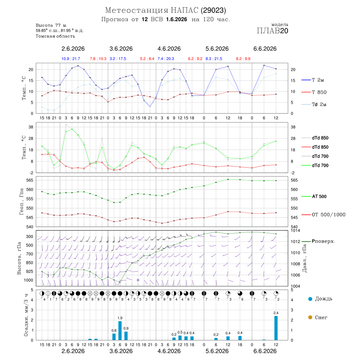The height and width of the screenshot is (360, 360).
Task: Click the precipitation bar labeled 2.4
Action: click(x=276, y=328)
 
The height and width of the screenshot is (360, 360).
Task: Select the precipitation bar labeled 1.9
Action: click(x=120, y=331)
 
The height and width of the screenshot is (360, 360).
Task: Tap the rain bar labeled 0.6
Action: click(x=114, y=337)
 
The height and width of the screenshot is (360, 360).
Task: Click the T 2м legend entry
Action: click(x=313, y=80)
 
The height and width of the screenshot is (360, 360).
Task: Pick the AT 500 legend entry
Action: click(x=314, y=196)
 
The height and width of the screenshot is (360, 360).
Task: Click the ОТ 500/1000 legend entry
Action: click(x=323, y=215)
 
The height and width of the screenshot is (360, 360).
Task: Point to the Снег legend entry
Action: click(x=318, y=317)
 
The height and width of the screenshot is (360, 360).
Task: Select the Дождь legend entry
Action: click(x=320, y=299)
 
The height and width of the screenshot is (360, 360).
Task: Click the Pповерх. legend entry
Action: click(x=318, y=241)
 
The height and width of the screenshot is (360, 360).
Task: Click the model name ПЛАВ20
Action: click(x=272, y=31)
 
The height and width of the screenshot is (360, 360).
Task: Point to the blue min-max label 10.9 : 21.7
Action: click(x=71, y=59)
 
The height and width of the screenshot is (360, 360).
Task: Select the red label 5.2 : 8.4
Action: click(x=147, y=59)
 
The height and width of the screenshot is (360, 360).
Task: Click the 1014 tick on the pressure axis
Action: click(x=295, y=230)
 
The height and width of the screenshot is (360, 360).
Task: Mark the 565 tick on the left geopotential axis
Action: click(x=30, y=180)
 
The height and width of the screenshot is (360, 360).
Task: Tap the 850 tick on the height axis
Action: click(x=29, y=263)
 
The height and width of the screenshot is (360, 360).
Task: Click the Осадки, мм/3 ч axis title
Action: click(x=26, y=315)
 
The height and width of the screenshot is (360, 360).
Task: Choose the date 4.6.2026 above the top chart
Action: click(x=169, y=49)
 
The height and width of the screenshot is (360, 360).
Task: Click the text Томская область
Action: click(x=55, y=36)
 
